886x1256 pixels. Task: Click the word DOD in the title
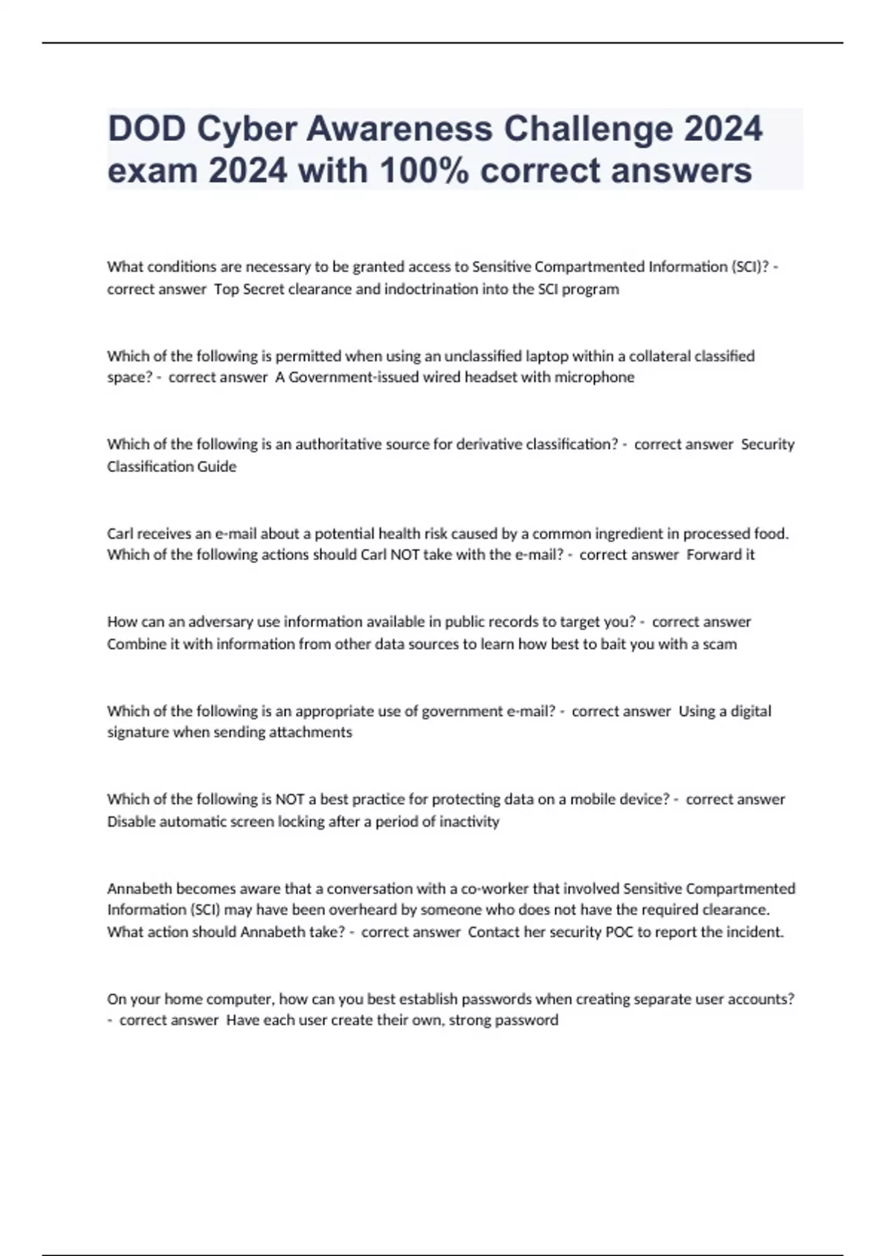pyautogui.click(x=146, y=129)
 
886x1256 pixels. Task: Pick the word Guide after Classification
pyautogui.click(x=216, y=466)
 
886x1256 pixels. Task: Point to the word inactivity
pyautogui.click(x=469, y=822)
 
